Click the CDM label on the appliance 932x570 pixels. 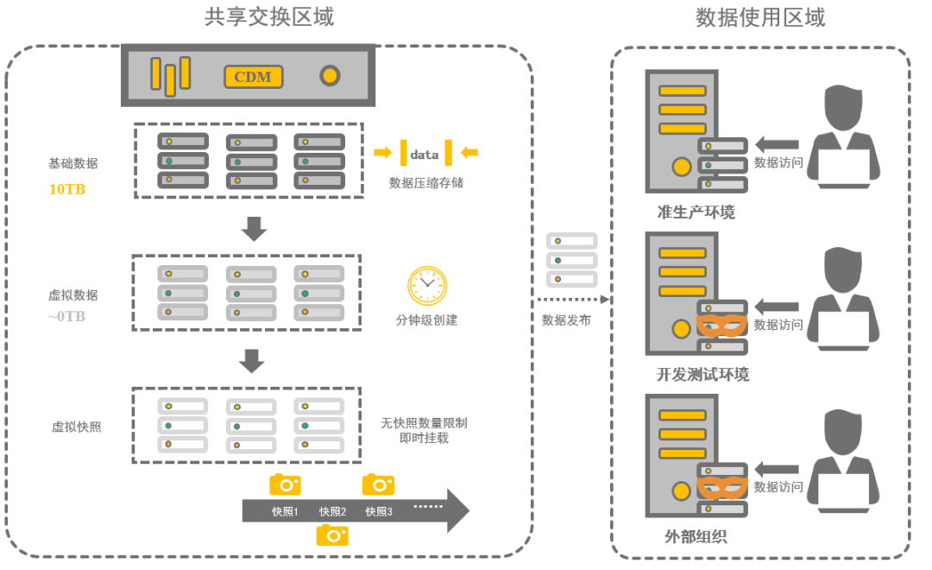coord(253,77)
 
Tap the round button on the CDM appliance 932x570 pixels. coord(330,76)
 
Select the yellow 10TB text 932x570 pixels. coord(67,188)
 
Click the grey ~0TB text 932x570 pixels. coord(66,316)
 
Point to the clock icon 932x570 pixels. coord(427,285)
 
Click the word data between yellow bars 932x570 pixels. coord(425,154)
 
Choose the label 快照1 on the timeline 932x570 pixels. coord(285,511)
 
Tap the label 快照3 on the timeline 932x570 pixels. coord(378,511)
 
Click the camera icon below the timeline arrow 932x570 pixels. coord(332,535)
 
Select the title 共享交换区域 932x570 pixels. coord(269,17)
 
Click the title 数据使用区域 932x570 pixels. coord(760,17)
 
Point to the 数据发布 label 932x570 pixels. coord(566,320)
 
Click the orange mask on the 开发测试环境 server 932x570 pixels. coord(721,325)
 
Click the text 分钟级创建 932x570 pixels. coord(426,320)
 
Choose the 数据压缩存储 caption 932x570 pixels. coord(425,183)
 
